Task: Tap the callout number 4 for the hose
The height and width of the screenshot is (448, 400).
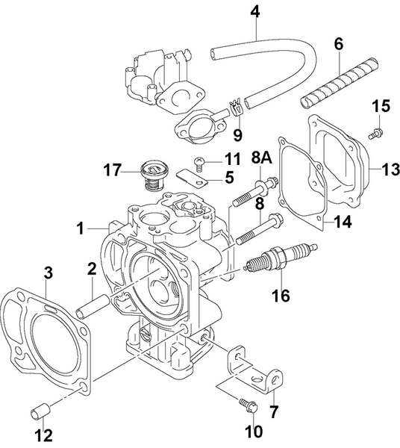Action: pos(255,12)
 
